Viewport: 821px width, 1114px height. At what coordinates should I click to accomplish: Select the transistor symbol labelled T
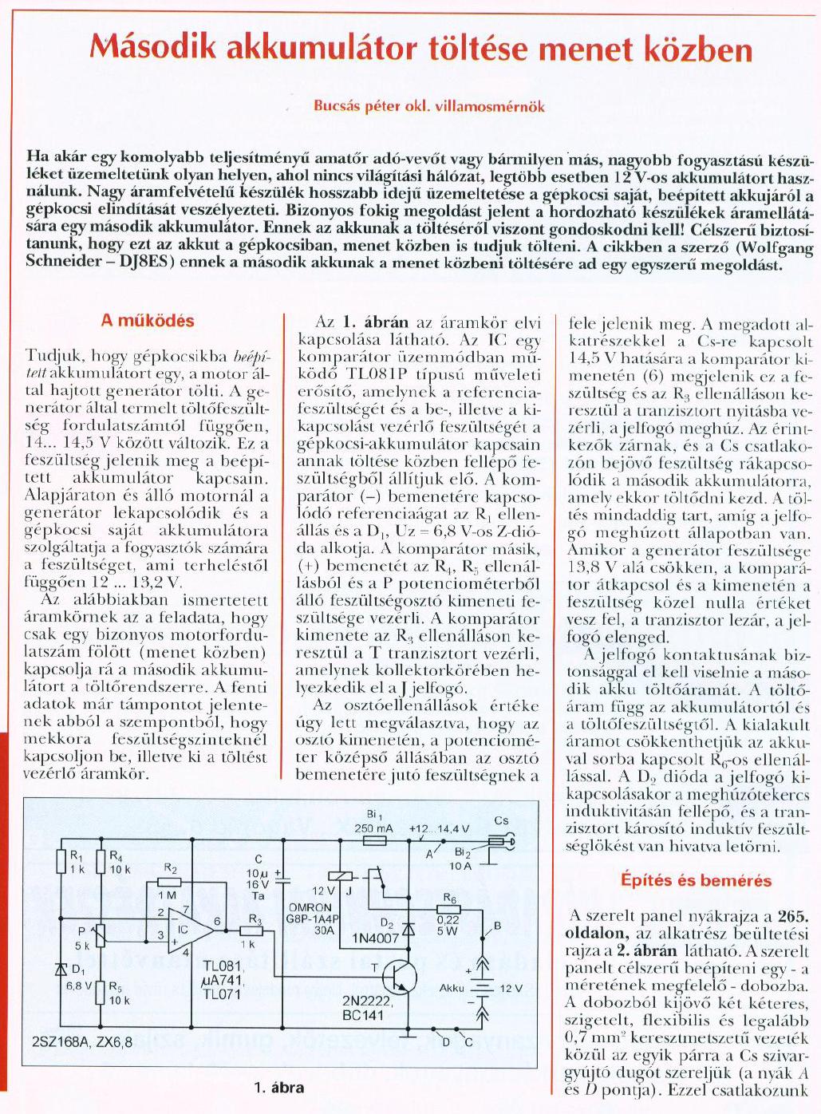397,974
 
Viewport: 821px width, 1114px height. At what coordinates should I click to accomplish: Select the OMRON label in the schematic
310,907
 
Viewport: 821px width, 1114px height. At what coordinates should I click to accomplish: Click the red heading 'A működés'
148,321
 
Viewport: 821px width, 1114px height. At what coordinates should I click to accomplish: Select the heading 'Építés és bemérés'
696,881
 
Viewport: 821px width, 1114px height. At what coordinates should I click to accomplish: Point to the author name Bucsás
337,106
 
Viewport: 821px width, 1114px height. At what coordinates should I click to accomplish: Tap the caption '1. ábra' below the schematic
278,1087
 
